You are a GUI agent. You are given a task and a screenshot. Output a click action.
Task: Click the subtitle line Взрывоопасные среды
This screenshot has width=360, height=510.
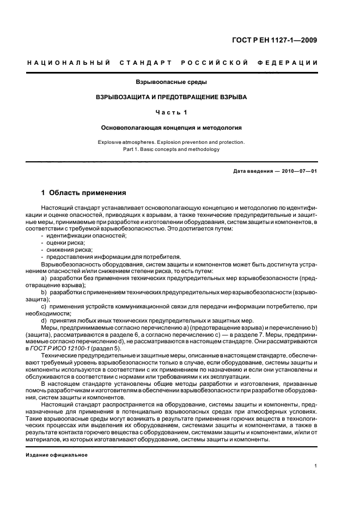point(171,82)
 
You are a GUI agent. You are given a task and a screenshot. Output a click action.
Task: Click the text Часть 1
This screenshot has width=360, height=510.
point(171,112)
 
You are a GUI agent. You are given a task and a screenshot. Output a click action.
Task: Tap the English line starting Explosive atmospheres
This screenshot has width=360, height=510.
point(171,142)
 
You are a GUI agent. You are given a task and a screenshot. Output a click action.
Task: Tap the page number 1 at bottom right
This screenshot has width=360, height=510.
point(316,466)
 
